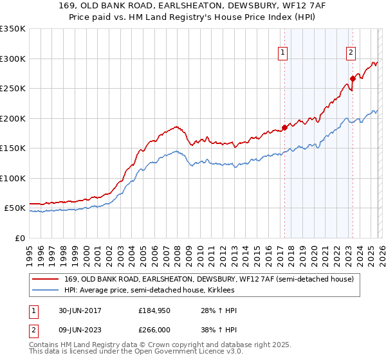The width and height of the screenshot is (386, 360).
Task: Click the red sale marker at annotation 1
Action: point(284,127)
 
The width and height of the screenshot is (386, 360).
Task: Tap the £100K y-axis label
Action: point(13,179)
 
